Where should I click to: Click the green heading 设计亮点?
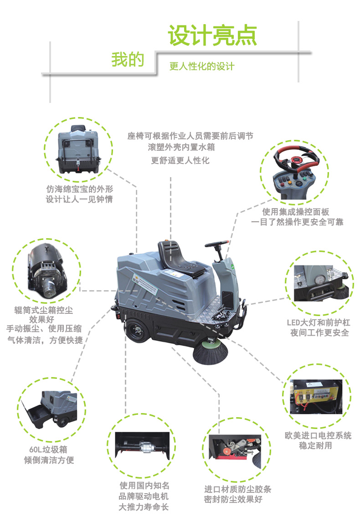pyautogui.click(x=212, y=35)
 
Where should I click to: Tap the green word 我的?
pyautogui.click(x=128, y=60)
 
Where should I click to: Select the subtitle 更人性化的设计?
pyautogui.click(x=202, y=66)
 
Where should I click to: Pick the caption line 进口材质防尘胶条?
pyautogui.click(x=237, y=489)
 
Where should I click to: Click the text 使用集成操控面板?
pyautogui.click(x=295, y=212)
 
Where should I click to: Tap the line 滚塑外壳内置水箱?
pyautogui.click(x=181, y=148)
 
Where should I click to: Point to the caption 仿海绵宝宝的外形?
pyautogui.click(x=79, y=188)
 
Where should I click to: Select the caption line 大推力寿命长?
pyautogui.click(x=144, y=507)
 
